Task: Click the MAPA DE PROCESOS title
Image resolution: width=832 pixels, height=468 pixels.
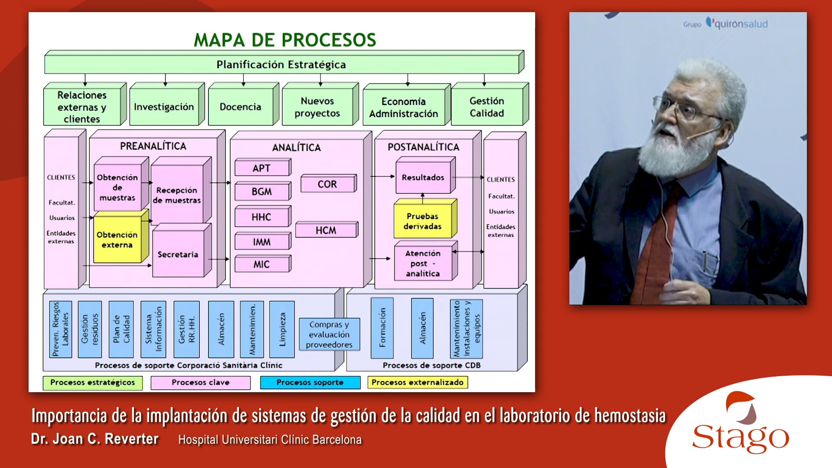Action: (285, 40)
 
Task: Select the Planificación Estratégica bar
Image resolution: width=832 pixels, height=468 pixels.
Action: (281, 65)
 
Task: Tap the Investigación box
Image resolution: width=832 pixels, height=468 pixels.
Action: (164, 107)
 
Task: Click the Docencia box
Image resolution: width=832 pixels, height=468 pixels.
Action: (240, 107)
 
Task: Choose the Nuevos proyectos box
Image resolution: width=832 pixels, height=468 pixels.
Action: (317, 107)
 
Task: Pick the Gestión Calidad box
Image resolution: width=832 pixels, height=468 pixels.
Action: (487, 107)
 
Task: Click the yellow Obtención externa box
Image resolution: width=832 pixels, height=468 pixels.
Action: (117, 240)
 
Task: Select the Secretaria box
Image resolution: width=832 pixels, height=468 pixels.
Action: (178, 254)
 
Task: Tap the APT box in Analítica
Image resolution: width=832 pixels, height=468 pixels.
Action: (261, 168)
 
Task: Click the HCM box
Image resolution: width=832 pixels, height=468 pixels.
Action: (326, 230)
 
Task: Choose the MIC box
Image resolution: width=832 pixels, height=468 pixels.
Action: (261, 264)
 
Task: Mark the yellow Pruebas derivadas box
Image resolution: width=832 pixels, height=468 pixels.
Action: (422, 221)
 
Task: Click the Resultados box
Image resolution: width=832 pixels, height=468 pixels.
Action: (423, 177)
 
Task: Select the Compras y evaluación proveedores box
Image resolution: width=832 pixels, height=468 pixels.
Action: (329, 334)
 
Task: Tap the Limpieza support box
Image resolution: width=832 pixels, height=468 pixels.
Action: (282, 329)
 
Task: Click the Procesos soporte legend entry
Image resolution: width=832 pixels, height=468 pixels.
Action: (310, 382)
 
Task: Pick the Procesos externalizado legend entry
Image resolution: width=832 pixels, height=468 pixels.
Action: (417, 382)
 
